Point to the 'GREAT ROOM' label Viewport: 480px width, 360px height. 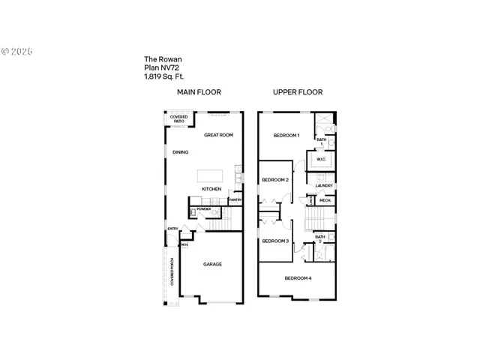click(x=219, y=135)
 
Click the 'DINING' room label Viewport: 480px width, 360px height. click(x=180, y=152)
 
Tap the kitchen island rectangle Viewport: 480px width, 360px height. click(x=211, y=175)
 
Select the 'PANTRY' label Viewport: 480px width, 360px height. click(x=235, y=200)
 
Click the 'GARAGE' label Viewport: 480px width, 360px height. click(x=212, y=264)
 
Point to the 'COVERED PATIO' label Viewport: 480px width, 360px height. click(x=178, y=118)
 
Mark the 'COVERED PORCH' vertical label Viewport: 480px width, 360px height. click(x=172, y=271)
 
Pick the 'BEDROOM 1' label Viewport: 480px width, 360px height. click(x=286, y=136)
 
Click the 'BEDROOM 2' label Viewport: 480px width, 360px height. click(x=275, y=180)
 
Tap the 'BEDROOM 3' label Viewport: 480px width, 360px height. click(x=275, y=241)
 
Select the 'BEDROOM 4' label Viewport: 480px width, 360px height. click(x=298, y=278)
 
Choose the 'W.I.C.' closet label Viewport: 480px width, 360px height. click(x=321, y=159)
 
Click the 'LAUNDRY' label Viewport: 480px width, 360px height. click(x=324, y=185)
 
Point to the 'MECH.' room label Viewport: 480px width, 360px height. click(x=325, y=200)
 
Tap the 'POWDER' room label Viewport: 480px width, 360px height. click(x=204, y=210)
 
